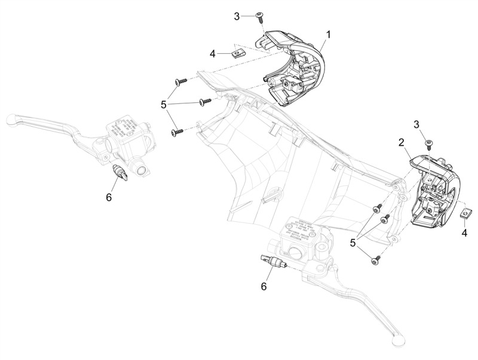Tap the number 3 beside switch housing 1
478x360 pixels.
tap(237, 16)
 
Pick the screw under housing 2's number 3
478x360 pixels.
tap(428, 142)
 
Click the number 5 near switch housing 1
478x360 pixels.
tap(164, 104)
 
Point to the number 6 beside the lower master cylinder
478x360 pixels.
tap(263, 286)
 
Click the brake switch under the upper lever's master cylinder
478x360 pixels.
tap(121, 172)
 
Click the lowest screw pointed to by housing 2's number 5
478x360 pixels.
tap(376, 260)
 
